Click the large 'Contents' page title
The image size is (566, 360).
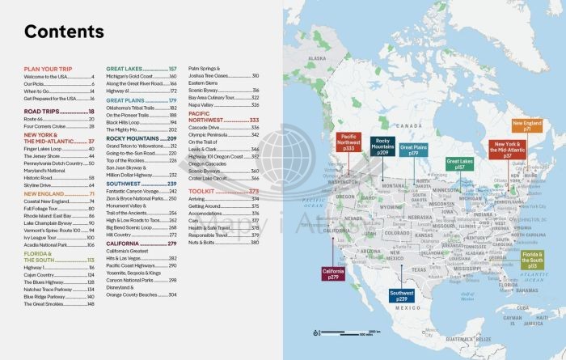click(64, 33)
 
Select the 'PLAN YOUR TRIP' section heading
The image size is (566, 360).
click(46, 70)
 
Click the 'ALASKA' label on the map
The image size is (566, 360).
click(316, 58)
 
